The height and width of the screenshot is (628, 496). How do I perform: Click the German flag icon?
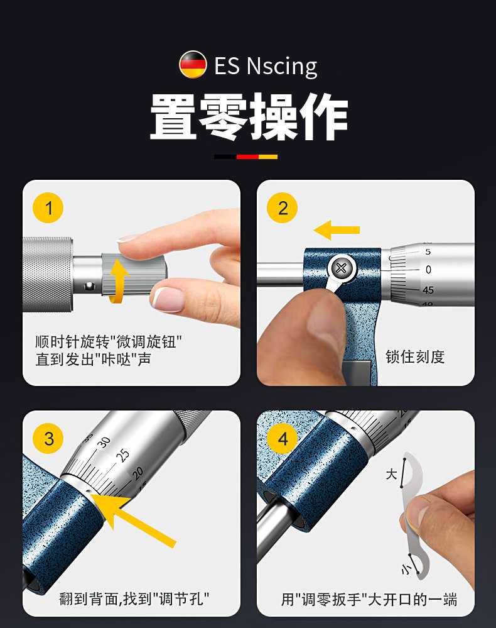tap(193, 65)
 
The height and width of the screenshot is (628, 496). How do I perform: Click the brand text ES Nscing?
tap(266, 66)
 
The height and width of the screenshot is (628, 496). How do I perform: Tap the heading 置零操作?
tap(249, 116)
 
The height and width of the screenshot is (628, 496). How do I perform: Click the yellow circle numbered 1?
tap(48, 208)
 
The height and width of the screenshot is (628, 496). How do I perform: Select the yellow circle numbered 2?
tap(283, 208)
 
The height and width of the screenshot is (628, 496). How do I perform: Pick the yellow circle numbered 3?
tap(48, 439)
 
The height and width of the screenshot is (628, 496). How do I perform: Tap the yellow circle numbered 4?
tap(283, 439)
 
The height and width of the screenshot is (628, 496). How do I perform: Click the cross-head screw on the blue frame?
tap(342, 268)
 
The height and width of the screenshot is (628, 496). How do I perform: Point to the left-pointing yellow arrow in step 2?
tap(337, 230)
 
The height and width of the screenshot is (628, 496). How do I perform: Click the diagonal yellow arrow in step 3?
tap(132, 519)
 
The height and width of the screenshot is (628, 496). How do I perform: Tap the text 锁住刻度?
tap(415, 356)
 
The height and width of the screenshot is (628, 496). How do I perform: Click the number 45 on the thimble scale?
tap(428, 290)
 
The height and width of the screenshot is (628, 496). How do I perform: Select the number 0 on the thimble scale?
tap(428, 270)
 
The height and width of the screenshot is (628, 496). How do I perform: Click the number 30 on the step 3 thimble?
tap(104, 442)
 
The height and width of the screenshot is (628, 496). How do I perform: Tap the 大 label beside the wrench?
tap(391, 474)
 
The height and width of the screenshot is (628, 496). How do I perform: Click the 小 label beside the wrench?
tap(406, 569)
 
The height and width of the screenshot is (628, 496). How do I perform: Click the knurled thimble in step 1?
tap(48, 274)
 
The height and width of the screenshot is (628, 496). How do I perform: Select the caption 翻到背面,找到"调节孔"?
tap(134, 598)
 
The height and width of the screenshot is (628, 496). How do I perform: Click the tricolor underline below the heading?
tap(245, 157)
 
